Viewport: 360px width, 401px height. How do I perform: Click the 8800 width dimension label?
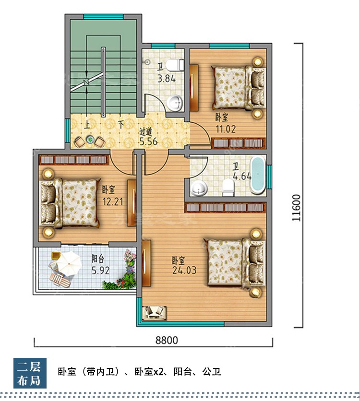167,340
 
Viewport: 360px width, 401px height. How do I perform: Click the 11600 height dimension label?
296,208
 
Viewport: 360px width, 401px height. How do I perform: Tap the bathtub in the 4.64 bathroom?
257,175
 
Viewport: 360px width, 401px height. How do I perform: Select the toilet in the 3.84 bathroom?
175,65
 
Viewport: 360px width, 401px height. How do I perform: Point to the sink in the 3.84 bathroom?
175,103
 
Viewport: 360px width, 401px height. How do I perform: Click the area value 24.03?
184,271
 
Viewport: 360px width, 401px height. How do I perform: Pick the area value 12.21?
113,202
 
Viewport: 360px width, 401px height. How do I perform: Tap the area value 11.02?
226,129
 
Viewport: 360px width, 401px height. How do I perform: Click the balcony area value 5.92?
100,271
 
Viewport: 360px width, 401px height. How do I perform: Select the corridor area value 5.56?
148,142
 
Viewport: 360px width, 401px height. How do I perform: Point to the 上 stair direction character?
87,125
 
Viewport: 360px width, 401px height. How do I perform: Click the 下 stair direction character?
121,125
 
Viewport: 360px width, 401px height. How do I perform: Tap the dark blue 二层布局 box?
30,373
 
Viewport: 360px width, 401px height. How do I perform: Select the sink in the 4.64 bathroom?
199,188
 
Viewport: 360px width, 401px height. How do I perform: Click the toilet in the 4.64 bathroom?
228,187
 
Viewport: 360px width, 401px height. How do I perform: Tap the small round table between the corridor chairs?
90,140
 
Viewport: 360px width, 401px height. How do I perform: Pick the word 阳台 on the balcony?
98,259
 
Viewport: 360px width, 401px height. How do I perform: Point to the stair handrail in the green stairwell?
103,82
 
